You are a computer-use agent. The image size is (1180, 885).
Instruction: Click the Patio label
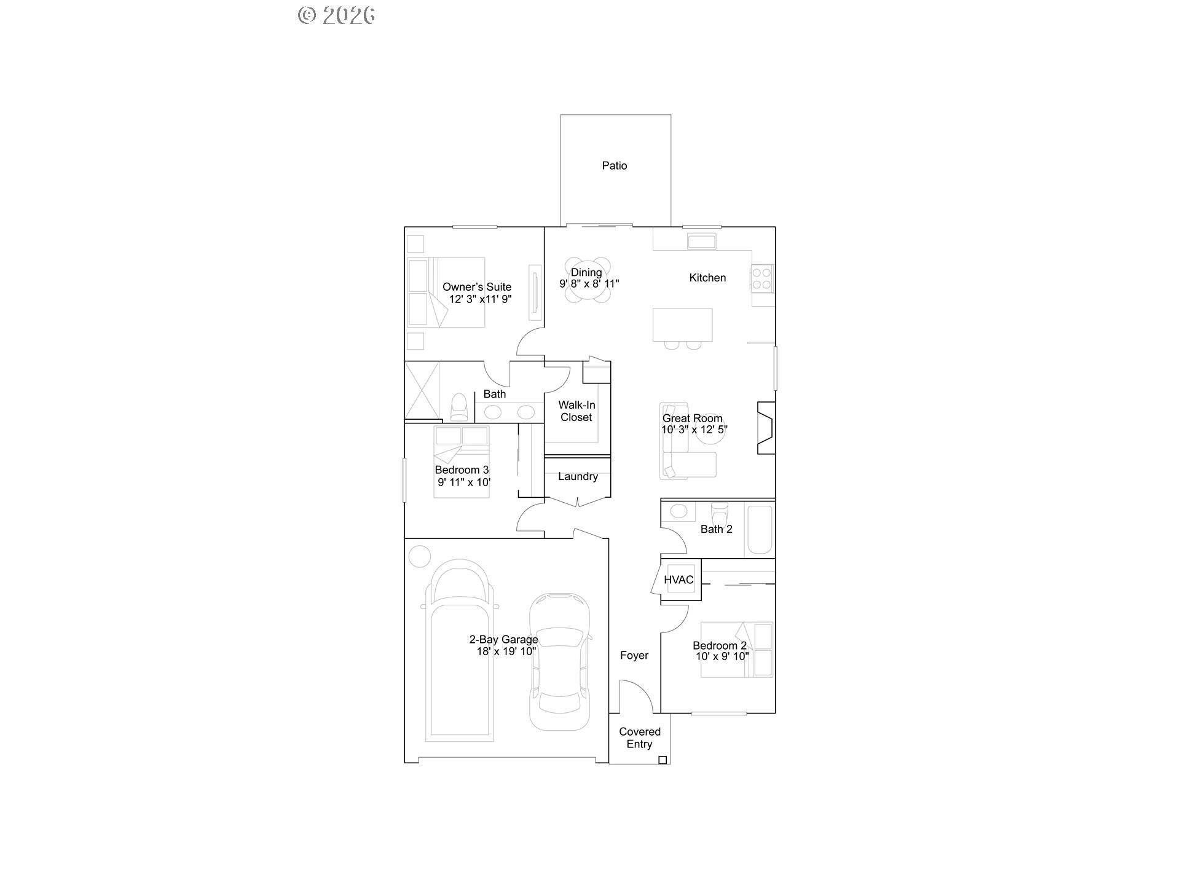tap(615, 165)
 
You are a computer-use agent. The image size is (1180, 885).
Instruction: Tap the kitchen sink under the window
tap(701, 241)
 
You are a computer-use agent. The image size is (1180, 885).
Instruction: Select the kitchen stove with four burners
tap(762, 278)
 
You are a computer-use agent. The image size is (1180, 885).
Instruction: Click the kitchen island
tap(682, 324)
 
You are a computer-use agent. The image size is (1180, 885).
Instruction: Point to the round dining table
tap(588, 280)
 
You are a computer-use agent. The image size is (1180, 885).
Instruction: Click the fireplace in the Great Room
tap(766, 428)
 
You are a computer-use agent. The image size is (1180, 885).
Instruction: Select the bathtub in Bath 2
tap(760, 529)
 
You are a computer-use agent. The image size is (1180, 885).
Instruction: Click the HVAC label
tap(678, 580)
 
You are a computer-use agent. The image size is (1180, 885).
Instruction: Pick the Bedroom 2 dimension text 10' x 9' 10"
tap(722, 656)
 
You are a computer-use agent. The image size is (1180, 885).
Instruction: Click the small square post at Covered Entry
tap(663, 760)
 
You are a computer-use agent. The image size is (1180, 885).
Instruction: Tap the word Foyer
tap(634, 655)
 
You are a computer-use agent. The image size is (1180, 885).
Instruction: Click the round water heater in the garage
tap(420, 556)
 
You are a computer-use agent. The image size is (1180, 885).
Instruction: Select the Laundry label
tap(578, 476)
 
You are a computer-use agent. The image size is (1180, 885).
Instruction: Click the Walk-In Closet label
tap(576, 411)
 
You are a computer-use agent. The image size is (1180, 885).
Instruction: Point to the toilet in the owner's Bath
tap(459, 406)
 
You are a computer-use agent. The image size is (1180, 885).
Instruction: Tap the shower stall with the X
tap(422, 390)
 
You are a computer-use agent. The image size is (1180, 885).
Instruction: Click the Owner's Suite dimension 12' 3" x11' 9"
tap(480, 299)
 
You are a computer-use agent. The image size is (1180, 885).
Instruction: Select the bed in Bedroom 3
tap(462, 461)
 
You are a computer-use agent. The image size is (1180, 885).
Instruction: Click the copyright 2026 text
tap(337, 15)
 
